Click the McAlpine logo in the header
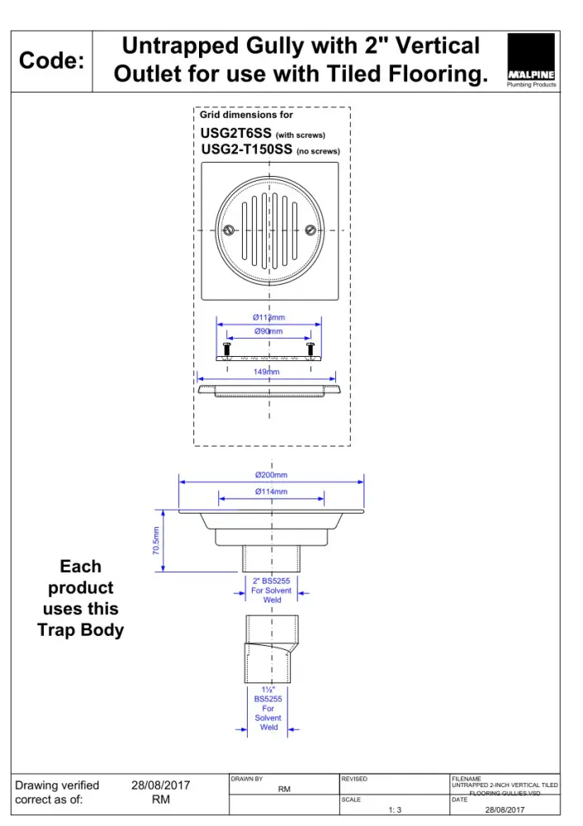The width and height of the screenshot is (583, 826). point(531,60)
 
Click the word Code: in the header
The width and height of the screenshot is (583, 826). point(51,61)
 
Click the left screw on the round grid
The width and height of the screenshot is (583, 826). point(230,230)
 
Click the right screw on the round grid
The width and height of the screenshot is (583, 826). point(310,230)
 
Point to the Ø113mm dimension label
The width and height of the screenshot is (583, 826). point(268,318)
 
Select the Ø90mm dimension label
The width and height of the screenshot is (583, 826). point(268,331)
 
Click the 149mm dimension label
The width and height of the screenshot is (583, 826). point(267,373)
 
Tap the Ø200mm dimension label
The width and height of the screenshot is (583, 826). point(271,475)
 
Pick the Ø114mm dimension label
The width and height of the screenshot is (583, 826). point(271,491)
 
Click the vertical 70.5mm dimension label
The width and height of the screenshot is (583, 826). point(156,541)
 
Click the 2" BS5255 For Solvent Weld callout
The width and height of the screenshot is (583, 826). point(272,590)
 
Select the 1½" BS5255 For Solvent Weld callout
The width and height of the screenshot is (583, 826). point(268,709)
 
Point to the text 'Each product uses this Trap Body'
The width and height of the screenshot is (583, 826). point(80,598)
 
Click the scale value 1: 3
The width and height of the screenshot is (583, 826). point(395,810)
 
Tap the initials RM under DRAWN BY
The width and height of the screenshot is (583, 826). point(284,790)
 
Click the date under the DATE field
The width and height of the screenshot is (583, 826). point(505,810)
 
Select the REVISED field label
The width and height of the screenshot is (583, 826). point(354,779)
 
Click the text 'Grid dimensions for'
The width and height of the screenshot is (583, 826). point(246,116)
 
